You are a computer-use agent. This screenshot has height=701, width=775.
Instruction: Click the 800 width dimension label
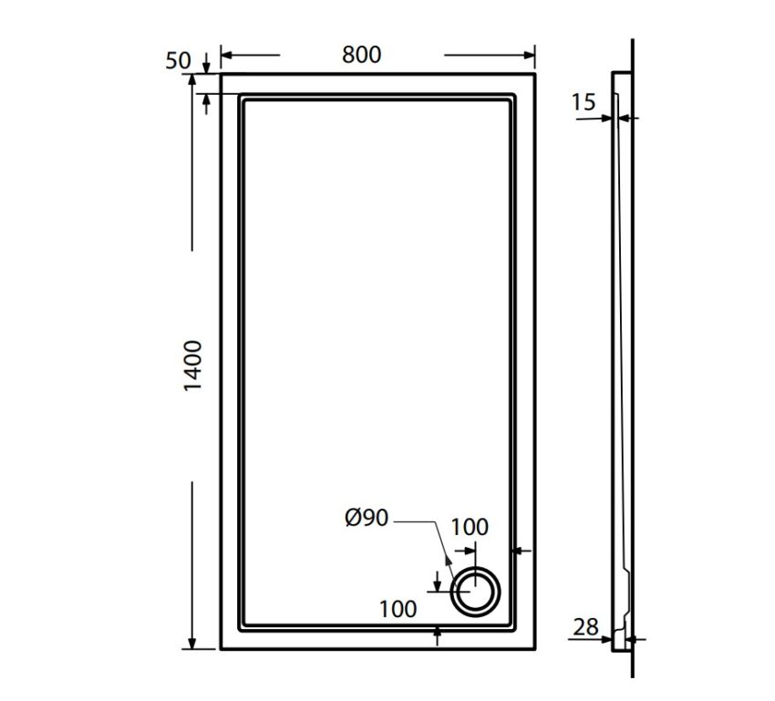(x=362, y=54)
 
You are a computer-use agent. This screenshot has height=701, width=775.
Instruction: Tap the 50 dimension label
(x=179, y=61)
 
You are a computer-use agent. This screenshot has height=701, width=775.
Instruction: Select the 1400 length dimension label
(x=193, y=366)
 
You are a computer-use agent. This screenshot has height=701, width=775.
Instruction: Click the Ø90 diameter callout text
(x=367, y=519)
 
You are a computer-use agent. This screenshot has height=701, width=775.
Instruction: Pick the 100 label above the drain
(x=470, y=527)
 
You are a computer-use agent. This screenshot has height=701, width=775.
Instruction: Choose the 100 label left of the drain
(x=398, y=609)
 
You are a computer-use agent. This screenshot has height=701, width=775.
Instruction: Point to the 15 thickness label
(x=584, y=102)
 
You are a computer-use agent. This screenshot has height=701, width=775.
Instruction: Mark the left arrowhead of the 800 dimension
(x=226, y=56)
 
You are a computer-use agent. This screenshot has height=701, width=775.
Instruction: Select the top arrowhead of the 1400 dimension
(x=192, y=80)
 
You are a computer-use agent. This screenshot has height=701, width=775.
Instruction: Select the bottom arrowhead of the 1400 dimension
(x=192, y=644)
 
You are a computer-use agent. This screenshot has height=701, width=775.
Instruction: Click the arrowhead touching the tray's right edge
(x=518, y=551)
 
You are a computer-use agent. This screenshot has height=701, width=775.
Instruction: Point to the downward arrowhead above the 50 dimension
(x=207, y=67)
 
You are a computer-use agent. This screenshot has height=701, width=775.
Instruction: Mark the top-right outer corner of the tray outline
(x=534, y=75)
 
